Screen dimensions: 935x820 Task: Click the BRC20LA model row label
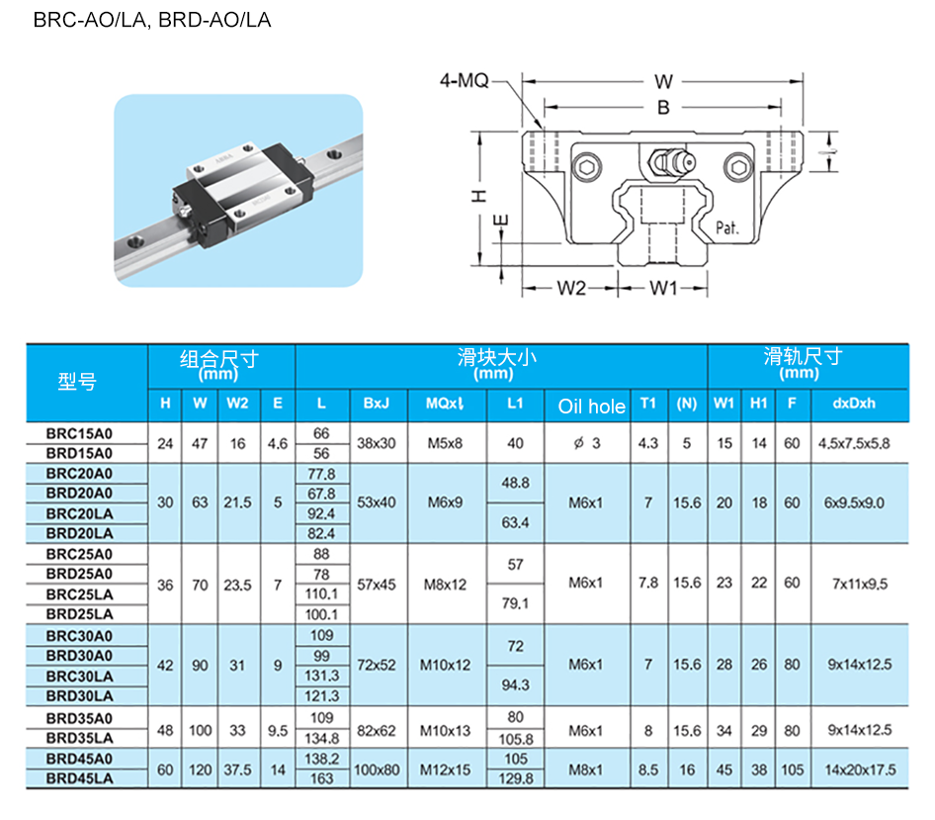coord(79,513)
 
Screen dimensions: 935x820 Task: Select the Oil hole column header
coord(591,407)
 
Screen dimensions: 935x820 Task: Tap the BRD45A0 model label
coord(79,759)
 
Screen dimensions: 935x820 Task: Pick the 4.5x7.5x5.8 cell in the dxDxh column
coord(854,443)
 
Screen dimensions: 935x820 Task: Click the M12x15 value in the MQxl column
coord(445,770)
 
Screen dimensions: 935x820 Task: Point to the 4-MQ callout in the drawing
coord(464,80)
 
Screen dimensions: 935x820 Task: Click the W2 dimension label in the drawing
coord(571,288)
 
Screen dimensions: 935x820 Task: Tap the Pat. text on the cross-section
coord(727,228)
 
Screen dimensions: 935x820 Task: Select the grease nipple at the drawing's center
coord(672,161)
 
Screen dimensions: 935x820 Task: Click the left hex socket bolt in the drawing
coord(587,167)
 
